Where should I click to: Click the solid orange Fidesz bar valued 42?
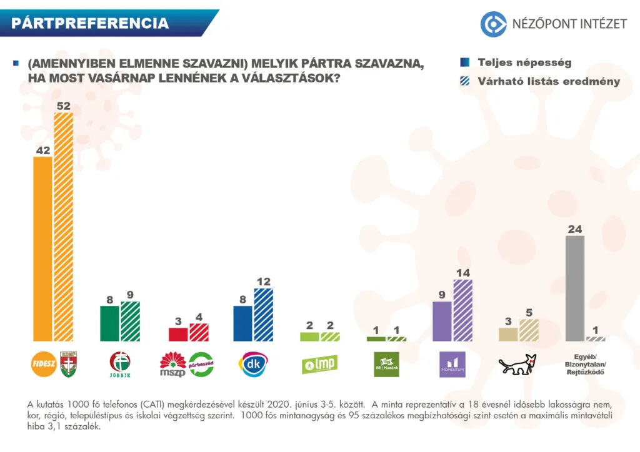click(x=42, y=248)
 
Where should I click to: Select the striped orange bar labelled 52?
click(x=64, y=227)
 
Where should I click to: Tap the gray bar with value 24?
click(x=574, y=288)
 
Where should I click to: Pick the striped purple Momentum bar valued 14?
click(x=462, y=310)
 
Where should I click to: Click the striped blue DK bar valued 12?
click(x=263, y=315)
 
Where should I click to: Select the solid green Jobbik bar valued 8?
click(x=109, y=323)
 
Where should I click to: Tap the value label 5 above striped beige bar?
click(x=529, y=313)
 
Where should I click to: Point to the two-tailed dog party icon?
click(x=518, y=365)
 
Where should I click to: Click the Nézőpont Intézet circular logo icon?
click(x=492, y=24)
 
